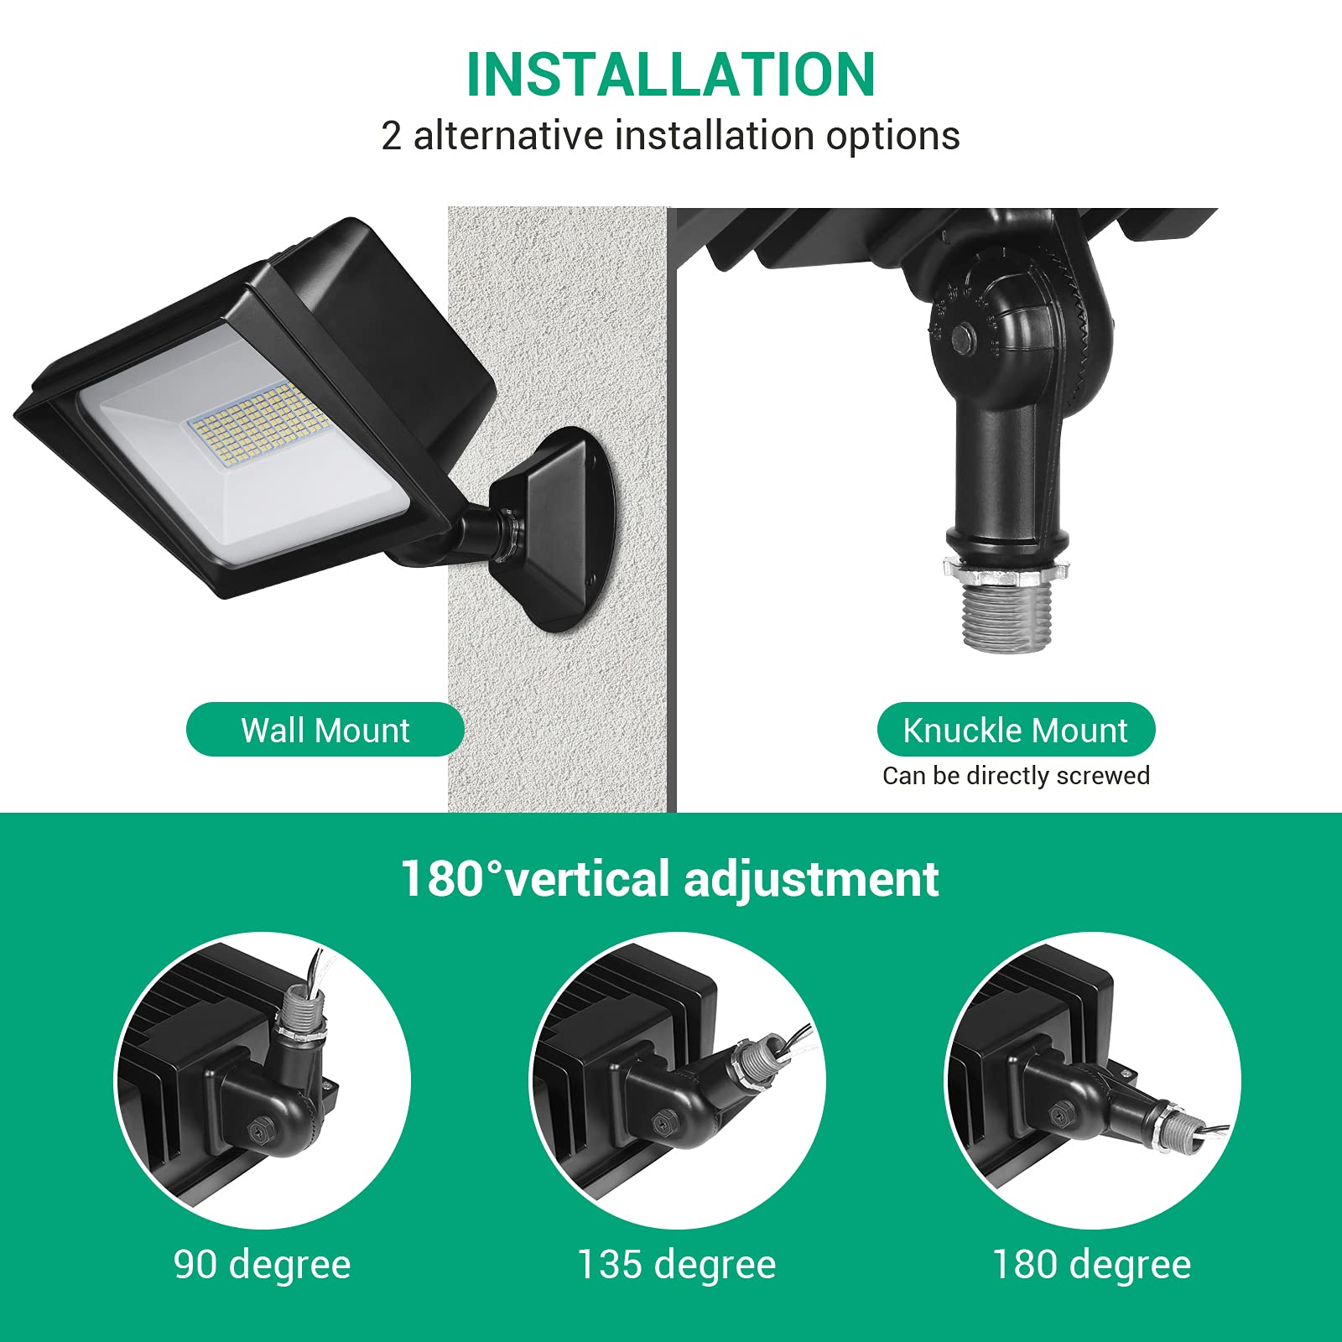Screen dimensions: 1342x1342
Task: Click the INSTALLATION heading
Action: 671,75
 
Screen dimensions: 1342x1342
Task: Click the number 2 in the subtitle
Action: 391,136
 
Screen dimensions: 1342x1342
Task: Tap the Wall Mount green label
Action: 325,730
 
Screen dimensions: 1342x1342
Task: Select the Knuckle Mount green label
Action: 1015,730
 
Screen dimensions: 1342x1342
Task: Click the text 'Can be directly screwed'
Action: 1015,776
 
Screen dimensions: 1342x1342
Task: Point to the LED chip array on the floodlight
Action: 256,424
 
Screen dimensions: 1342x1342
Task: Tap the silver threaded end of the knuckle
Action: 1006,616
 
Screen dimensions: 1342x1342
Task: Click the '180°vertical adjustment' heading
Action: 669,878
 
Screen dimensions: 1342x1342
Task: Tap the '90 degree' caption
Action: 262,1264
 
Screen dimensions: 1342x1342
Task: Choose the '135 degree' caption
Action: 676,1264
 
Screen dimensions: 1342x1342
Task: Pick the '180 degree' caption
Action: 1091,1264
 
